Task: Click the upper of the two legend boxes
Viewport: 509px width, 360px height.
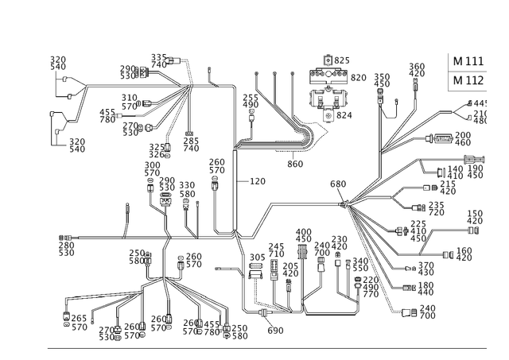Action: coord(468,61)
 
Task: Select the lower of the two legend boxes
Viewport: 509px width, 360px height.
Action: coord(468,79)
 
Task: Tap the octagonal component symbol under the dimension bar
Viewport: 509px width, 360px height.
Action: coord(328,101)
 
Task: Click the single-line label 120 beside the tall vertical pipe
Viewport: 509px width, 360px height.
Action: coord(257,182)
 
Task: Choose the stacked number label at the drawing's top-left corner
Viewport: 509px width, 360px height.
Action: coord(57,64)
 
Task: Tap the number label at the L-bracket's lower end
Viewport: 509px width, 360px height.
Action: coord(77,145)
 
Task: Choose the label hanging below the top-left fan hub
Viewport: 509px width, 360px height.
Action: coord(189,144)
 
